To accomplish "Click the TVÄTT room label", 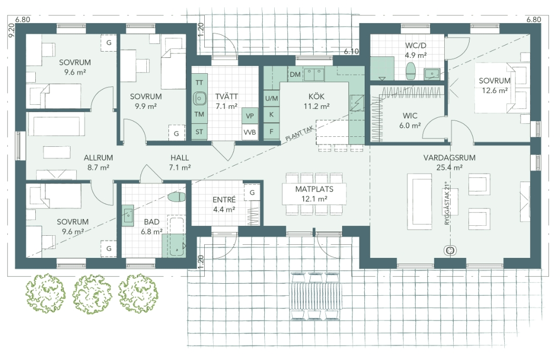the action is pyautogui.click(x=226, y=97).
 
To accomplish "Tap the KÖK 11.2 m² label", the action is pyautogui.click(x=316, y=101).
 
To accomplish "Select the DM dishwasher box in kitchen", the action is pyautogui.click(x=295, y=75).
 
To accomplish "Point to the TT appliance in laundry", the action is pyautogui.click(x=199, y=83).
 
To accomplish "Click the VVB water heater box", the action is pyautogui.click(x=249, y=132).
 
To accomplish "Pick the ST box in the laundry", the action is pyautogui.click(x=199, y=132).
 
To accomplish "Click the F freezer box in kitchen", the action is pyautogui.click(x=271, y=132).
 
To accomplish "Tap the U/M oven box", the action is pyautogui.click(x=271, y=98).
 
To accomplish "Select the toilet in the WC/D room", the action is pyautogui.click(x=411, y=71).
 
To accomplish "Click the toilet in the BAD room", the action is pyautogui.click(x=176, y=197).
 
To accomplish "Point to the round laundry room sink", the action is pyautogui.click(x=199, y=98).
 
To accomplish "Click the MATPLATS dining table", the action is pyautogui.click(x=314, y=194).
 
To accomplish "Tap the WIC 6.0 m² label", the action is pyautogui.click(x=410, y=121).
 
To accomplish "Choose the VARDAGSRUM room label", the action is pyautogui.click(x=449, y=157).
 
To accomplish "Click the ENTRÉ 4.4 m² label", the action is pyautogui.click(x=224, y=204).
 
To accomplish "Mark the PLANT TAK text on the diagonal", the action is pyautogui.click(x=299, y=135).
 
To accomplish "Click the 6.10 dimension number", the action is pyautogui.click(x=351, y=52).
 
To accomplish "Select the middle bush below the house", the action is pyautogui.click(x=92, y=294).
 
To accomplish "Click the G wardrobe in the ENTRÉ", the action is pyautogui.click(x=252, y=193).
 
